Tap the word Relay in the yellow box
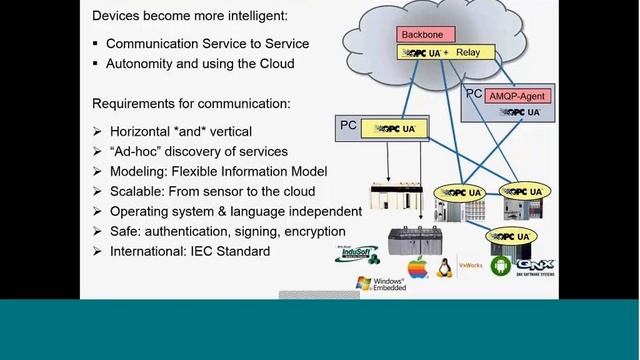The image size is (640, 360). (x=469, y=51)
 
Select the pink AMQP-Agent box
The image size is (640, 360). (x=518, y=97)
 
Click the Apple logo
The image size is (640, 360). (x=417, y=268)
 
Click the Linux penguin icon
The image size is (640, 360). (x=444, y=267)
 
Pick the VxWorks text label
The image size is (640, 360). (x=470, y=266)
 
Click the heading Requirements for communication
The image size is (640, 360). (x=191, y=103)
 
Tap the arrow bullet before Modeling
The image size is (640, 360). (x=96, y=171)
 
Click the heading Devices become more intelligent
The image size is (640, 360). (x=187, y=16)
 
